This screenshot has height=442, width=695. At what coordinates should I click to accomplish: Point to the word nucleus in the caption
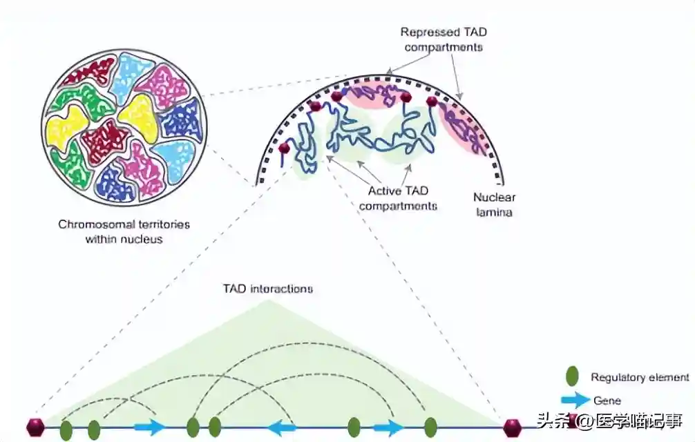click(144, 240)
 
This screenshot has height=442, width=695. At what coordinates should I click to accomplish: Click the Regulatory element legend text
click(640, 377)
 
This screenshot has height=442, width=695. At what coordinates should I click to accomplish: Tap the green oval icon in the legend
click(572, 377)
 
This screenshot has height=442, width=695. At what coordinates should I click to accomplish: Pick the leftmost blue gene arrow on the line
click(149, 427)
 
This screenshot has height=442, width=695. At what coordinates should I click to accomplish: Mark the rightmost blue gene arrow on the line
click(389, 427)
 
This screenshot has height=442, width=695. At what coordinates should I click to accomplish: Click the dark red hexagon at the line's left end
click(35, 427)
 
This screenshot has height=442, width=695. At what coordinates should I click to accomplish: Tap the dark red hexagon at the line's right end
click(512, 427)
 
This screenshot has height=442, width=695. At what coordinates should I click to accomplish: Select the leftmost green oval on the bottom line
click(66, 430)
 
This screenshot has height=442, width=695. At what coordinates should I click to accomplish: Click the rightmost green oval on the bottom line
click(430, 428)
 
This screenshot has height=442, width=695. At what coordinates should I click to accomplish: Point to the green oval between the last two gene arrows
click(354, 428)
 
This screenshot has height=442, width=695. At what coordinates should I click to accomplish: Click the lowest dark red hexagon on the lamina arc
click(283, 148)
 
